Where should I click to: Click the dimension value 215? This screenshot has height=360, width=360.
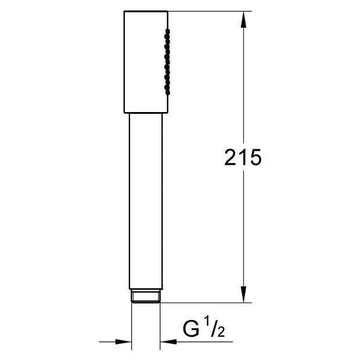click(243, 157)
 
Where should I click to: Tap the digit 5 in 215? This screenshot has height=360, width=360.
click(255, 157)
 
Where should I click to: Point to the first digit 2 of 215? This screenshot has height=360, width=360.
click(231, 157)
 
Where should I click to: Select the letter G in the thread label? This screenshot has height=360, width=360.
click(191, 329)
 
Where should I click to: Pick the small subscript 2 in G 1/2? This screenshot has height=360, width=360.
click(221, 332)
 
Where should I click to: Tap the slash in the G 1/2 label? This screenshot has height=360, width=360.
click(214, 329)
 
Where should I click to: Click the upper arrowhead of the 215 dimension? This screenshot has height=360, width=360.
click(244, 20)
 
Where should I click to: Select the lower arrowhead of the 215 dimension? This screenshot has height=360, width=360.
click(244, 294)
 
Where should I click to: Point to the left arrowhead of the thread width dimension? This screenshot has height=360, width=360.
click(123, 341)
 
